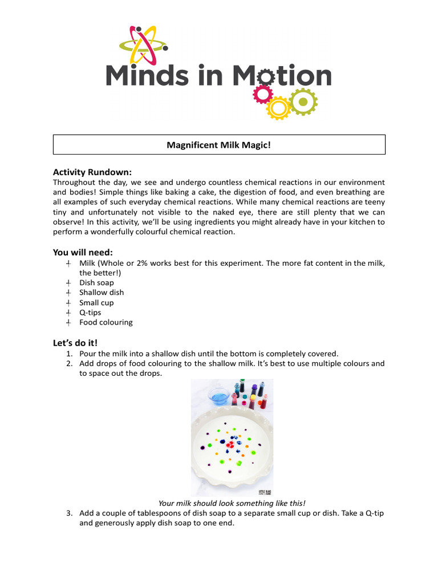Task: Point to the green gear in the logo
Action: [303, 102]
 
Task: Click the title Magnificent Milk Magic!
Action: [219, 145]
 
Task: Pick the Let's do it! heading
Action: [75, 343]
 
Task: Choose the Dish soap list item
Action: [96, 283]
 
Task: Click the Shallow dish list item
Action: [102, 293]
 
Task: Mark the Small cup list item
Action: [96, 303]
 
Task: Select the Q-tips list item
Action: [90, 313]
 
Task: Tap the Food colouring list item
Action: [106, 322]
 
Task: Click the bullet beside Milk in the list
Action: [68, 263]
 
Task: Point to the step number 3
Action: [69, 513]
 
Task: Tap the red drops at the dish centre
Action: [232, 444]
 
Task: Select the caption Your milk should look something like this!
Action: [232, 503]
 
